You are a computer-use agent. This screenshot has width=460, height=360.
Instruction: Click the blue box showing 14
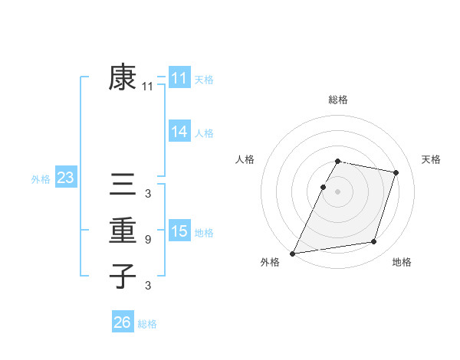click(179, 132)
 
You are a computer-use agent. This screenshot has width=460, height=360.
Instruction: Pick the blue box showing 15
click(179, 231)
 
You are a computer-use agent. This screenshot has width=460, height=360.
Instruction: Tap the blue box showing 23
click(66, 178)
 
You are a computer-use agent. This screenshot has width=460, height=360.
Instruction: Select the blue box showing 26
click(122, 322)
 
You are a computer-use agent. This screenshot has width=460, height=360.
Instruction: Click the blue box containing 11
click(179, 78)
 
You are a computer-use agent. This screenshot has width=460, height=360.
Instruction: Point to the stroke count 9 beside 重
click(147, 240)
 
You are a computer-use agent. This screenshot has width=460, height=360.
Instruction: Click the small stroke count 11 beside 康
click(147, 87)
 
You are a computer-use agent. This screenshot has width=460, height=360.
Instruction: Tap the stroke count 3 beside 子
click(147, 286)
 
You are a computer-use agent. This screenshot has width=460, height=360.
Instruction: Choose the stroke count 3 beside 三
click(147, 194)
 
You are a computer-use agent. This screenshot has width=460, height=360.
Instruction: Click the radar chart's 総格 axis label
click(338, 100)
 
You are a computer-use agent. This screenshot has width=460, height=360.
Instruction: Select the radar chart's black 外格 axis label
click(270, 262)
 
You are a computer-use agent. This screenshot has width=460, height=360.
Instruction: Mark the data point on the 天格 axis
click(396, 172)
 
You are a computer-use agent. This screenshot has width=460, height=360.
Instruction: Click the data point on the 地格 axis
click(374, 242)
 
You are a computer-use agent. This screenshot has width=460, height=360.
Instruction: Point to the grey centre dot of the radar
click(338, 191)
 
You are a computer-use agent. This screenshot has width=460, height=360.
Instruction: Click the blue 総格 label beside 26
click(147, 324)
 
